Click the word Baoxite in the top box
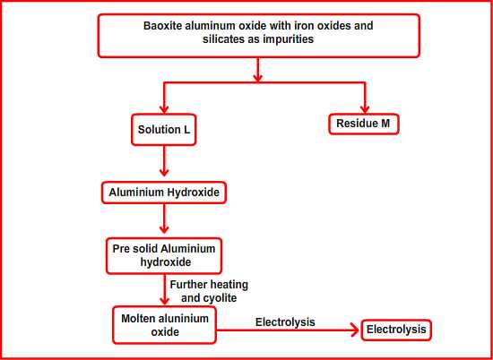[x=163, y=26]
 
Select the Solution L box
[x=164, y=130]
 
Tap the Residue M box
[x=364, y=124]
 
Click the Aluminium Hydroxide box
[x=164, y=193]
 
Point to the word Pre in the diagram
[x=120, y=248]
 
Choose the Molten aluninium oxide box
[x=165, y=325]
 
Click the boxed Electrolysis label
[x=396, y=330]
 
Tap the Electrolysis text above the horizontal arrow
[x=285, y=322]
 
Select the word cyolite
[x=221, y=298]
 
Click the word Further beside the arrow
[x=186, y=285]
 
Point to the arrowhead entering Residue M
[x=365, y=108]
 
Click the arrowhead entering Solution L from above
[x=164, y=108]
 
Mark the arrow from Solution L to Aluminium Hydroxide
[x=164, y=161]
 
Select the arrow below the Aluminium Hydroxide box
[x=164, y=219]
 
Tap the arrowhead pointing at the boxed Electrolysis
[x=355, y=330]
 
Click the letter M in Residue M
[x=385, y=124]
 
